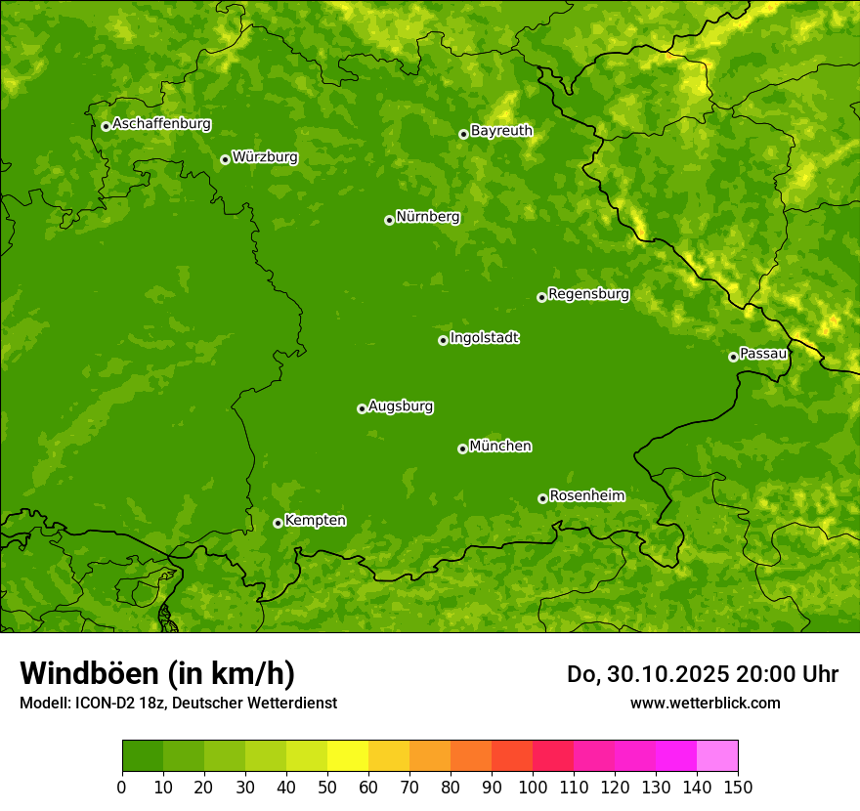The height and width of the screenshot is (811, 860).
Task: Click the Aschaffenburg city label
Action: coord(161,124)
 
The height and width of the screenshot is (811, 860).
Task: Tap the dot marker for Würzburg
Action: coord(225,159)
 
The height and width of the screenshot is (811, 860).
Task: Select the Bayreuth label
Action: coord(501,130)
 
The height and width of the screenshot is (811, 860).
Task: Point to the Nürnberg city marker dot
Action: coord(389,220)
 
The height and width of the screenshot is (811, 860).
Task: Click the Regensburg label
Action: coord(588,293)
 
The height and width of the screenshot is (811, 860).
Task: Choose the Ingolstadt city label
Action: coord(484,337)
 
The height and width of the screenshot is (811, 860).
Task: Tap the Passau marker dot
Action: coord(733,357)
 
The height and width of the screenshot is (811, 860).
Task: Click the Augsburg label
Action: coord(401,405)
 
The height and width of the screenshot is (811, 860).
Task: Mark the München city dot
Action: coord(462,448)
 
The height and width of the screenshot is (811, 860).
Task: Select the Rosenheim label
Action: coord(586,495)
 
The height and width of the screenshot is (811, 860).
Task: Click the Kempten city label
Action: coord(315,520)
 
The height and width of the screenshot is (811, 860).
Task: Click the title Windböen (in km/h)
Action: coord(157,673)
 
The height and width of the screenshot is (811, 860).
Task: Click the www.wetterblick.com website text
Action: coord(705,703)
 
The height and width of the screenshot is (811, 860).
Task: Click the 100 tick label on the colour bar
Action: coord(533,787)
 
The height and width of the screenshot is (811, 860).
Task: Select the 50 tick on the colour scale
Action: coord(327,787)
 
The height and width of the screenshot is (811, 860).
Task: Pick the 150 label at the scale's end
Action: coord(738,787)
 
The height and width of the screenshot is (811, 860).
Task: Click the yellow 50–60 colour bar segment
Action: coord(348,756)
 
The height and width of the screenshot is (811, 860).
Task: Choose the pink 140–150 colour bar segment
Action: coord(717,756)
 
